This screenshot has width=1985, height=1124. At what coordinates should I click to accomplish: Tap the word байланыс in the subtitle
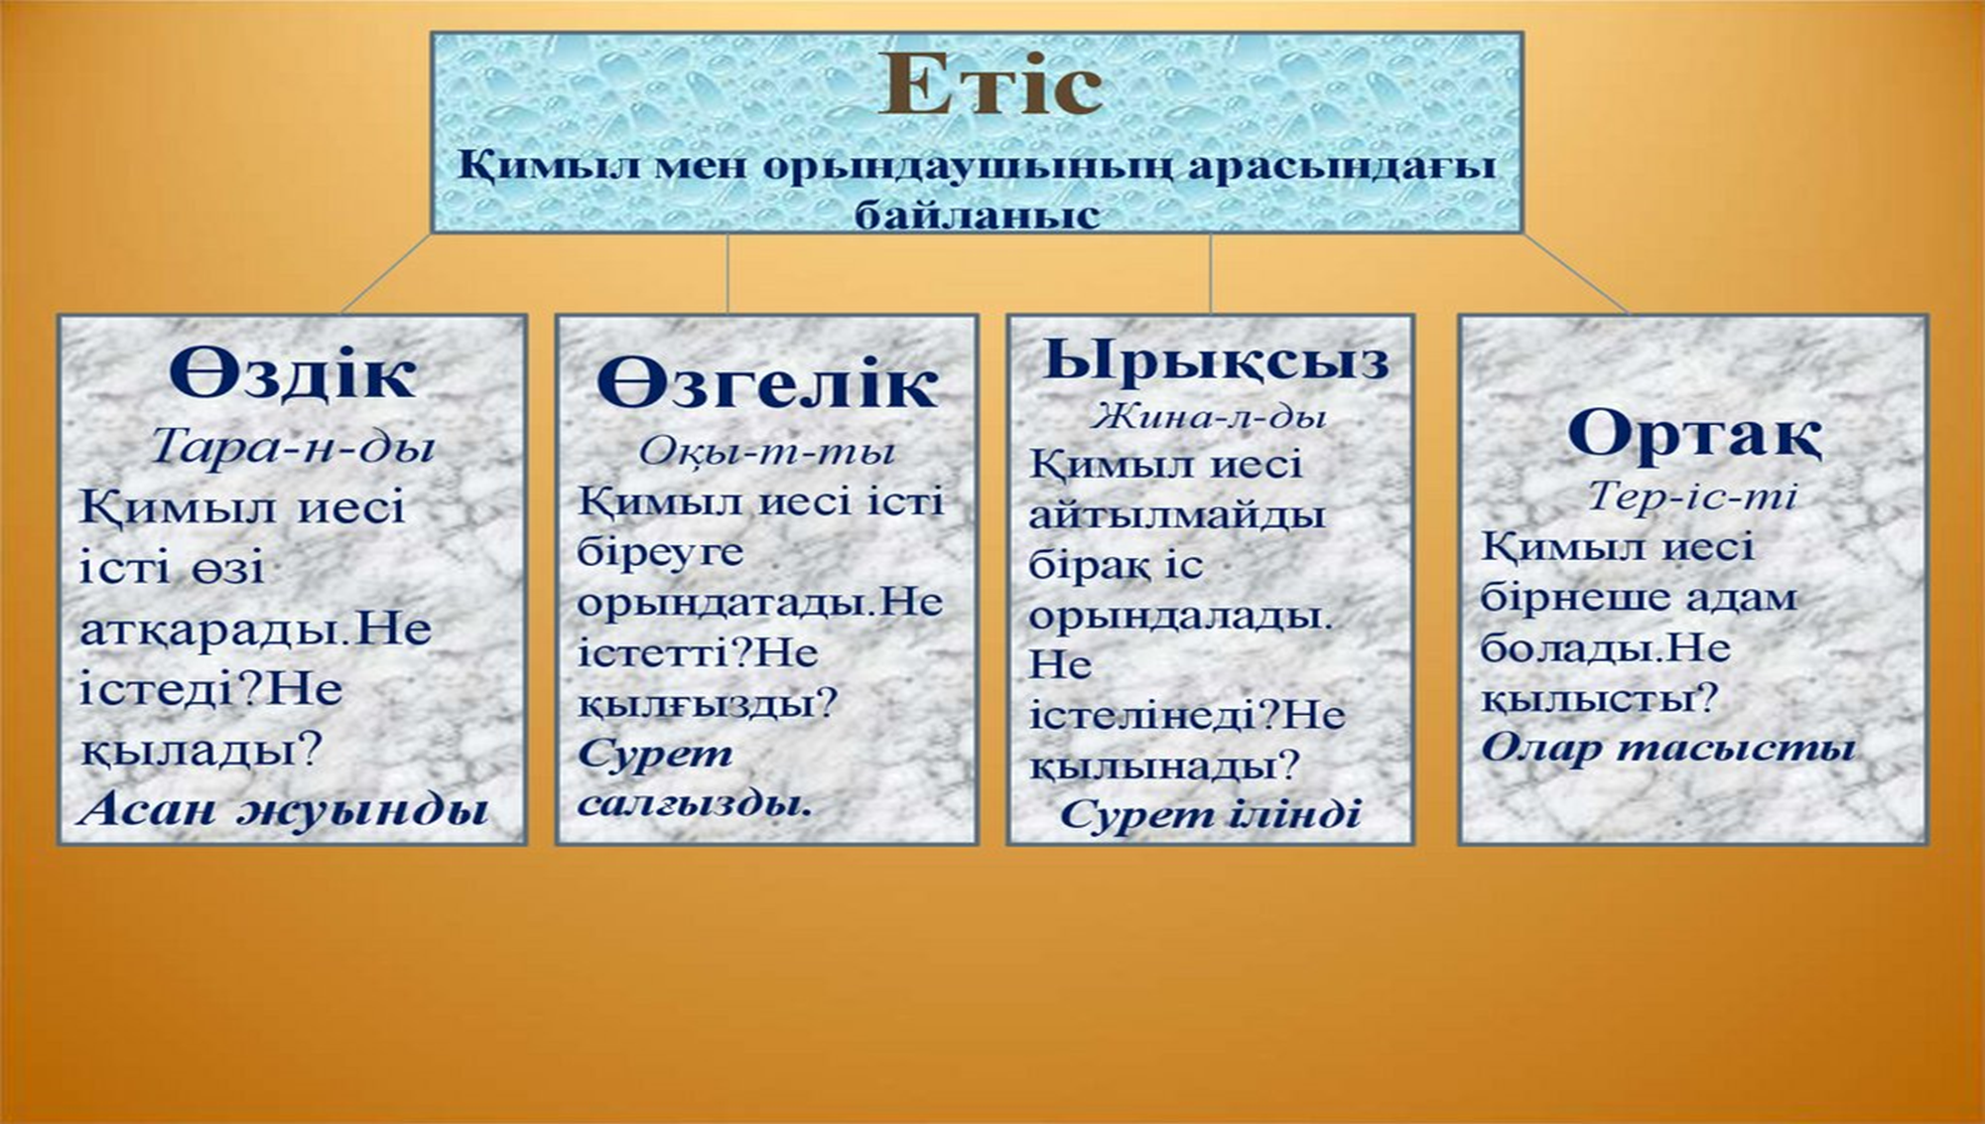[x=978, y=214]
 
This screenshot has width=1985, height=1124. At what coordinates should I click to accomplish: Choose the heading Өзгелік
[x=766, y=383]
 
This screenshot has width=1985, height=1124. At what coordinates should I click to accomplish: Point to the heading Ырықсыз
[x=1217, y=360]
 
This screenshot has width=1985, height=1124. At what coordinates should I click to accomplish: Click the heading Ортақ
[x=1694, y=434]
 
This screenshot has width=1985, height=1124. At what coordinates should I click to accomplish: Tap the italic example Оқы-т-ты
[x=766, y=452]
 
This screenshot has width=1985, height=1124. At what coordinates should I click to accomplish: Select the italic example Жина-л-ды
[x=1210, y=416]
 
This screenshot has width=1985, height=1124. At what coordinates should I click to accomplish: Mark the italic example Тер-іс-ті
[x=1692, y=494]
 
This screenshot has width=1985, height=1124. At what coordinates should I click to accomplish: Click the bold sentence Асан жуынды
[x=284, y=809]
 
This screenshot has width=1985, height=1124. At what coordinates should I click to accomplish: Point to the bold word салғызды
[x=695, y=802]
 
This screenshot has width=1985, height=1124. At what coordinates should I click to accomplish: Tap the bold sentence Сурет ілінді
[x=1210, y=814]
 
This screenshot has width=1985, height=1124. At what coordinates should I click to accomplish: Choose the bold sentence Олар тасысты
[x=1667, y=747]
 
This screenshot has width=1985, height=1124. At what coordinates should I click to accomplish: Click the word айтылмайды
[x=1177, y=514]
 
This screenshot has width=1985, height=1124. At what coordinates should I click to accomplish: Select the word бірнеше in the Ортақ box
[x=1565, y=598]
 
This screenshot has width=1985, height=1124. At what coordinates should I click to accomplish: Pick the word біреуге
[x=660, y=552]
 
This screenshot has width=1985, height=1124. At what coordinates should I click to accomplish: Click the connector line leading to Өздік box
[x=387, y=274]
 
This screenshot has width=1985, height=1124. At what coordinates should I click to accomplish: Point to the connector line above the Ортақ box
[x=1575, y=274]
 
